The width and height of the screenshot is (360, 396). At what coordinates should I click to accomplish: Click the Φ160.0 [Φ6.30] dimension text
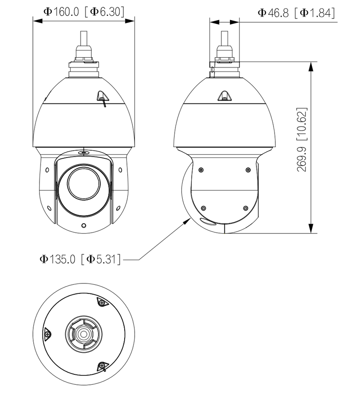84,12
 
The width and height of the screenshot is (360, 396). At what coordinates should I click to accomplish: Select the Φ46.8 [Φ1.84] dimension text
297,13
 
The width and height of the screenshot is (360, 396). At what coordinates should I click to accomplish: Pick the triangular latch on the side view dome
224,95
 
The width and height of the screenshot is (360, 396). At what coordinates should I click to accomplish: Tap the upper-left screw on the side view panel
201,170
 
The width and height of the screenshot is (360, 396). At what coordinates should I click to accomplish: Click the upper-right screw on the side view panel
248,170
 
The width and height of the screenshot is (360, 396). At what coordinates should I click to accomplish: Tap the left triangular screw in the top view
47,334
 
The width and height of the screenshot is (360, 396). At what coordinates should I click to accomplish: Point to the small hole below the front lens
83,225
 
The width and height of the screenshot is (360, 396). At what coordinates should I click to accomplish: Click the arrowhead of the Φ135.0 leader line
189,220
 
